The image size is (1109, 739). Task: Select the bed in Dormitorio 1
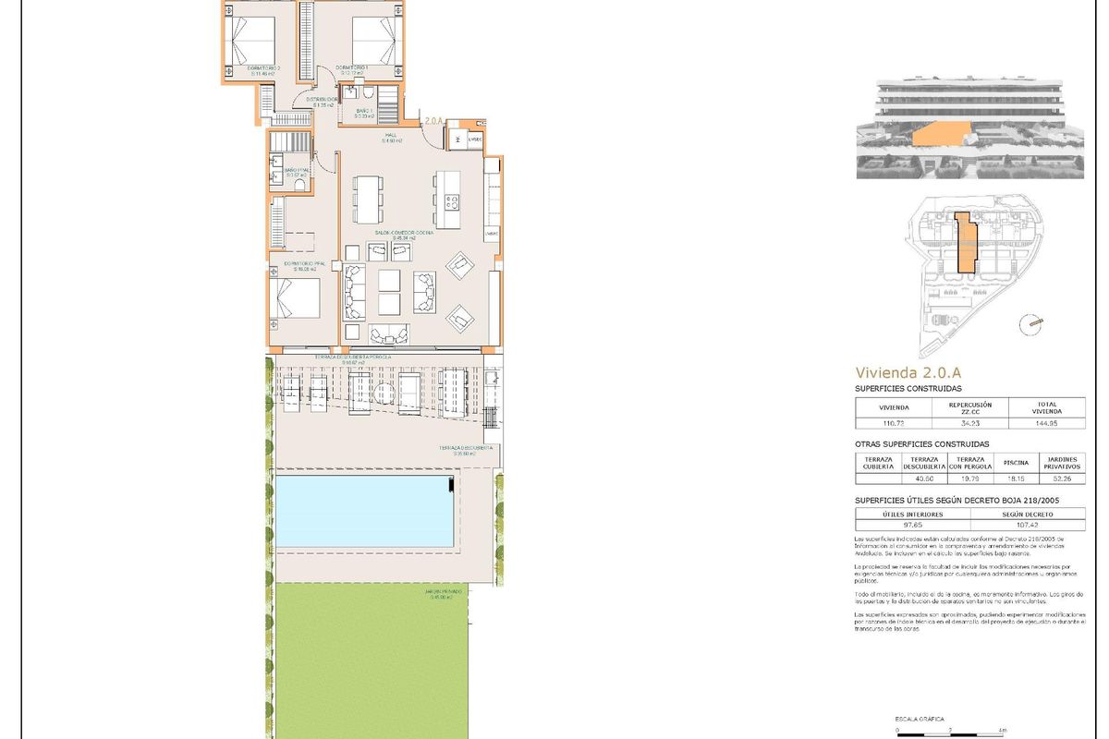(x=374, y=40)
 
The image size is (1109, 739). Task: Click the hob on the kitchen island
(x=450, y=202)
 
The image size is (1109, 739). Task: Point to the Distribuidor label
(x=321, y=100)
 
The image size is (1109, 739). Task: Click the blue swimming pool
(x=365, y=511)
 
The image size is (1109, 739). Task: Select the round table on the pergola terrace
(x=492, y=379)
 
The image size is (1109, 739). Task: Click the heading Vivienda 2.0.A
(x=908, y=373)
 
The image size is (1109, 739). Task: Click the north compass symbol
(x=1031, y=322)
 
